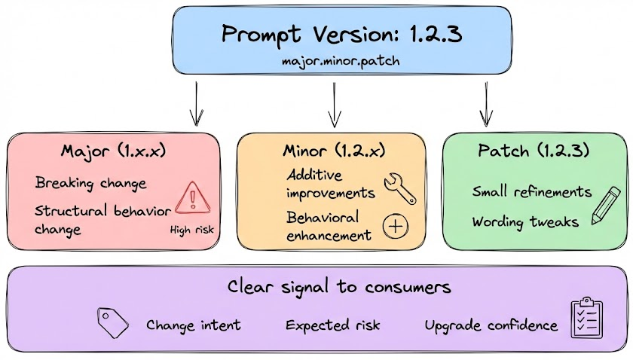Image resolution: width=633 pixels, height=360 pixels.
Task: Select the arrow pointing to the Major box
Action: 196,103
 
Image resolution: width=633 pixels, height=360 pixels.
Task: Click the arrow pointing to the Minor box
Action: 334,103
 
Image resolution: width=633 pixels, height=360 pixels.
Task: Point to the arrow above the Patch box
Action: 486,103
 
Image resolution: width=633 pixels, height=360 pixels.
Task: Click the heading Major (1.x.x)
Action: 113,151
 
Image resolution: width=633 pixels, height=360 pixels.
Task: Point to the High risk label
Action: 193,230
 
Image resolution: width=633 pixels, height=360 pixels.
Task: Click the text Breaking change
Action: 90,183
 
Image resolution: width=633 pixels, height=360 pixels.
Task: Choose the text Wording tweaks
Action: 526,222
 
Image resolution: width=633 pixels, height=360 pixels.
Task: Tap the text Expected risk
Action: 333,325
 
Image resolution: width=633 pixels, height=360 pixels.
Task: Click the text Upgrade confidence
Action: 491,325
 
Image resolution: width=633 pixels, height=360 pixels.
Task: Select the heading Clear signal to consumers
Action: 339,287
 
